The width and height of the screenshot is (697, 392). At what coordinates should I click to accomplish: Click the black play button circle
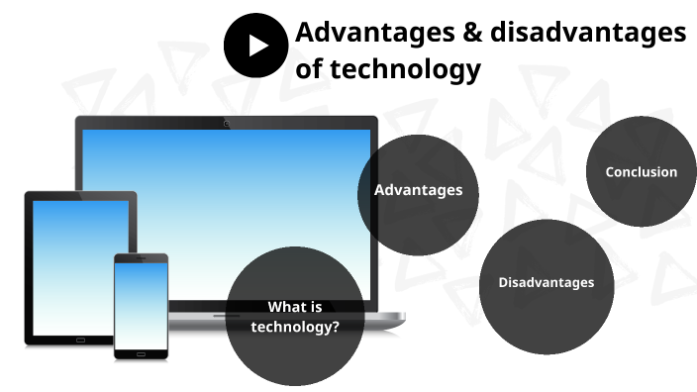[x=255, y=46]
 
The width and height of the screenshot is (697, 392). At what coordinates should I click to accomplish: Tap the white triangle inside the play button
[x=257, y=46]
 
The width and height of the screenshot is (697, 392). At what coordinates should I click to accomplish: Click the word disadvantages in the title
[x=578, y=33]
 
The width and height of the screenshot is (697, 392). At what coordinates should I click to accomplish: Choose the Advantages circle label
[x=418, y=190]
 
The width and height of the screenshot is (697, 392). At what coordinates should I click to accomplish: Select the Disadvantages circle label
[x=546, y=282]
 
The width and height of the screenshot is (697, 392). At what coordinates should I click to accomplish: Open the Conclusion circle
[x=641, y=172]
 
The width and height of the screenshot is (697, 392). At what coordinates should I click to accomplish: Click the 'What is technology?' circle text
[x=294, y=316]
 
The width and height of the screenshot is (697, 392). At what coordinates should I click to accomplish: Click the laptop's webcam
[x=227, y=124]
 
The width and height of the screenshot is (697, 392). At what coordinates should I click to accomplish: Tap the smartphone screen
[x=140, y=302]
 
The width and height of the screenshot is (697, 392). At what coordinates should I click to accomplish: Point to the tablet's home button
[x=80, y=339]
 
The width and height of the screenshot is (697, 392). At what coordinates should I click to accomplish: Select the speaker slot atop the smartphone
[x=140, y=258]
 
